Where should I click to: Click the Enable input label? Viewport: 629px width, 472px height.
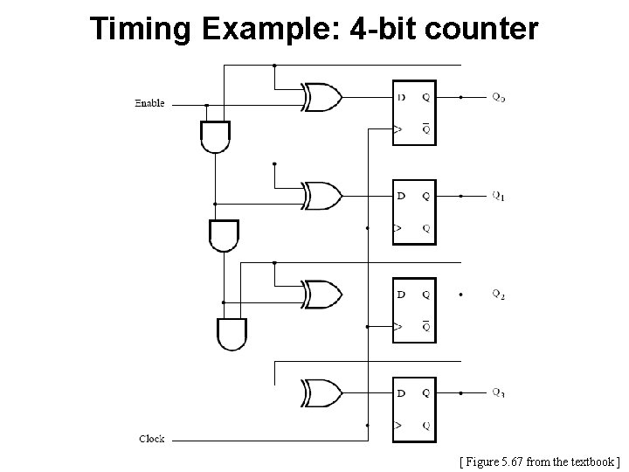coord(149,104)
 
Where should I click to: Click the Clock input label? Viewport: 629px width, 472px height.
coord(151,439)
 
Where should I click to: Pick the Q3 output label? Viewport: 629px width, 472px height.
coord(499,392)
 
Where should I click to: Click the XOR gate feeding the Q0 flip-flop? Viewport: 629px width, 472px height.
coord(320,96)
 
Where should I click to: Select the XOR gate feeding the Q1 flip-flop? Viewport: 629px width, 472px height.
coord(320,195)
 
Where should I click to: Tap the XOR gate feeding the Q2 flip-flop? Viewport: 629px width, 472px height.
coord(320,294)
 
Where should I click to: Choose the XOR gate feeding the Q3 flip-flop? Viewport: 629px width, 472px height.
coord(320,392)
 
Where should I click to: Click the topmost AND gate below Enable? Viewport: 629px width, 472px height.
coord(215,136)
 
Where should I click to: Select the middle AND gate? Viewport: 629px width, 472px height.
coord(224,234)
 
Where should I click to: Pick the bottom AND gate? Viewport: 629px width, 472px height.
coord(232,332)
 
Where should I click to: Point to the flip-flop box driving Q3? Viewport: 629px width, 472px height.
coord(413,408)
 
